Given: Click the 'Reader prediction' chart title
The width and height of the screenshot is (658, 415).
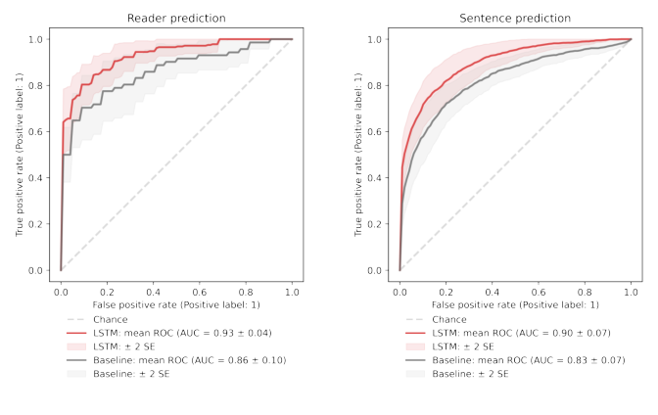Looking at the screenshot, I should pyautogui.click(x=176, y=19).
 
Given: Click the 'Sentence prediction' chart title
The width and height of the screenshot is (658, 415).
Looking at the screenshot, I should pyautogui.click(x=516, y=19).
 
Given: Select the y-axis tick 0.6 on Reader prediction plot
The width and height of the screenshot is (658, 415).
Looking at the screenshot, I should pyautogui.click(x=36, y=131).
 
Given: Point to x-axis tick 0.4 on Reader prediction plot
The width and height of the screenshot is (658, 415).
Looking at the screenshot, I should pyautogui.click(x=154, y=292).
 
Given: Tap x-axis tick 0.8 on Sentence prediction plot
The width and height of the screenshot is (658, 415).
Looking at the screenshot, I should pyautogui.click(x=585, y=292).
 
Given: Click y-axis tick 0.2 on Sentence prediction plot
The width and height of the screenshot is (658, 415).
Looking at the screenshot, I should pyautogui.click(x=375, y=224).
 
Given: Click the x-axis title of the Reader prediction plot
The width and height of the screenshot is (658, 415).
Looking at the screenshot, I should pyautogui.click(x=176, y=305).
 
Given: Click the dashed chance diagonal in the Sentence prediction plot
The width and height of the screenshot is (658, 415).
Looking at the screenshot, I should pyautogui.click(x=516, y=155).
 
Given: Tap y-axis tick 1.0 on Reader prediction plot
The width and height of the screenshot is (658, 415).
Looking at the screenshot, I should pyautogui.click(x=36, y=39).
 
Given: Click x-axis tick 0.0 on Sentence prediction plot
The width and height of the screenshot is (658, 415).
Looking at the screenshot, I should pyautogui.click(x=399, y=292).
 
